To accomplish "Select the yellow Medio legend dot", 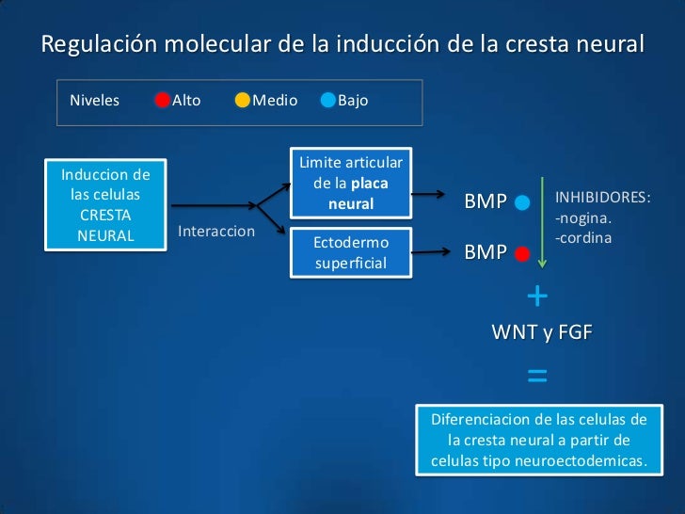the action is pyautogui.click(x=243, y=101).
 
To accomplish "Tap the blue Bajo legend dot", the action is pyautogui.click(x=327, y=101).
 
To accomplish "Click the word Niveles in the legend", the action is pyautogui.click(x=94, y=101).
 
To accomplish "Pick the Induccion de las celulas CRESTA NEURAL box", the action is pyautogui.click(x=105, y=204).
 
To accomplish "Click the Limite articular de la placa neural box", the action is pyautogui.click(x=351, y=184).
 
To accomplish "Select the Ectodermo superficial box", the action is pyautogui.click(x=351, y=253).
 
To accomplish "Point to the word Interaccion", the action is pyautogui.click(x=216, y=232).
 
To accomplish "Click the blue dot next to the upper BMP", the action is pyautogui.click(x=523, y=202).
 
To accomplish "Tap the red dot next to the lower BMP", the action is pyautogui.click(x=523, y=253).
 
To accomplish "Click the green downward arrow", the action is pyautogui.click(x=543, y=221).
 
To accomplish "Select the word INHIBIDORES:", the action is pyautogui.click(x=603, y=199).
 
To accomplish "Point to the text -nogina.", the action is pyautogui.click(x=584, y=219).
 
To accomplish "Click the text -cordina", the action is pyautogui.click(x=584, y=238).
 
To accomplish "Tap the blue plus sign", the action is pyautogui.click(x=537, y=297).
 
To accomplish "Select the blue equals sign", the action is pyautogui.click(x=537, y=377).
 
